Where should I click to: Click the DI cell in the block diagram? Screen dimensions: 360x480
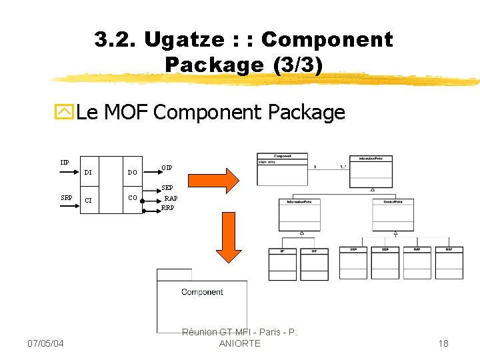tap(88, 173)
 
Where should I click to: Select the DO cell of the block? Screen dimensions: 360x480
tap(132, 173)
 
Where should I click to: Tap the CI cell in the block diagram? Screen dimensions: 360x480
tap(88, 200)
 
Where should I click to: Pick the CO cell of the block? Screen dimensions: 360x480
tap(132, 198)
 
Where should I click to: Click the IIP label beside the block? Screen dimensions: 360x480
tap(64, 163)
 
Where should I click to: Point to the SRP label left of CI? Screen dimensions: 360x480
tap(66, 198)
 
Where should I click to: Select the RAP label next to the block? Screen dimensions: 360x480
tap(171, 199)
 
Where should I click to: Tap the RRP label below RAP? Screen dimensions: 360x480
tap(168, 207)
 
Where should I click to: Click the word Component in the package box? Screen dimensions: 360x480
tap(202, 292)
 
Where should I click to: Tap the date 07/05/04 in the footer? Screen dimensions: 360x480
tap(45, 343)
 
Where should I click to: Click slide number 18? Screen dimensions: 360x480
tap(443, 343)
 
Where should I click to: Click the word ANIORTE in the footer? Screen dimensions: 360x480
tap(240, 343)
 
